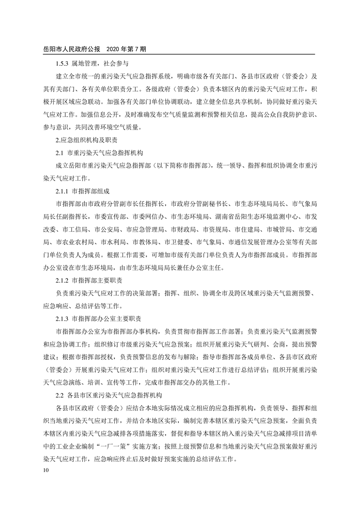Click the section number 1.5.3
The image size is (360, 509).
62,64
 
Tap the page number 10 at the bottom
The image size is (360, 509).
44,470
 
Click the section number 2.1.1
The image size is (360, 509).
62,191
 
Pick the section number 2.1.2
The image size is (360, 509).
62,279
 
